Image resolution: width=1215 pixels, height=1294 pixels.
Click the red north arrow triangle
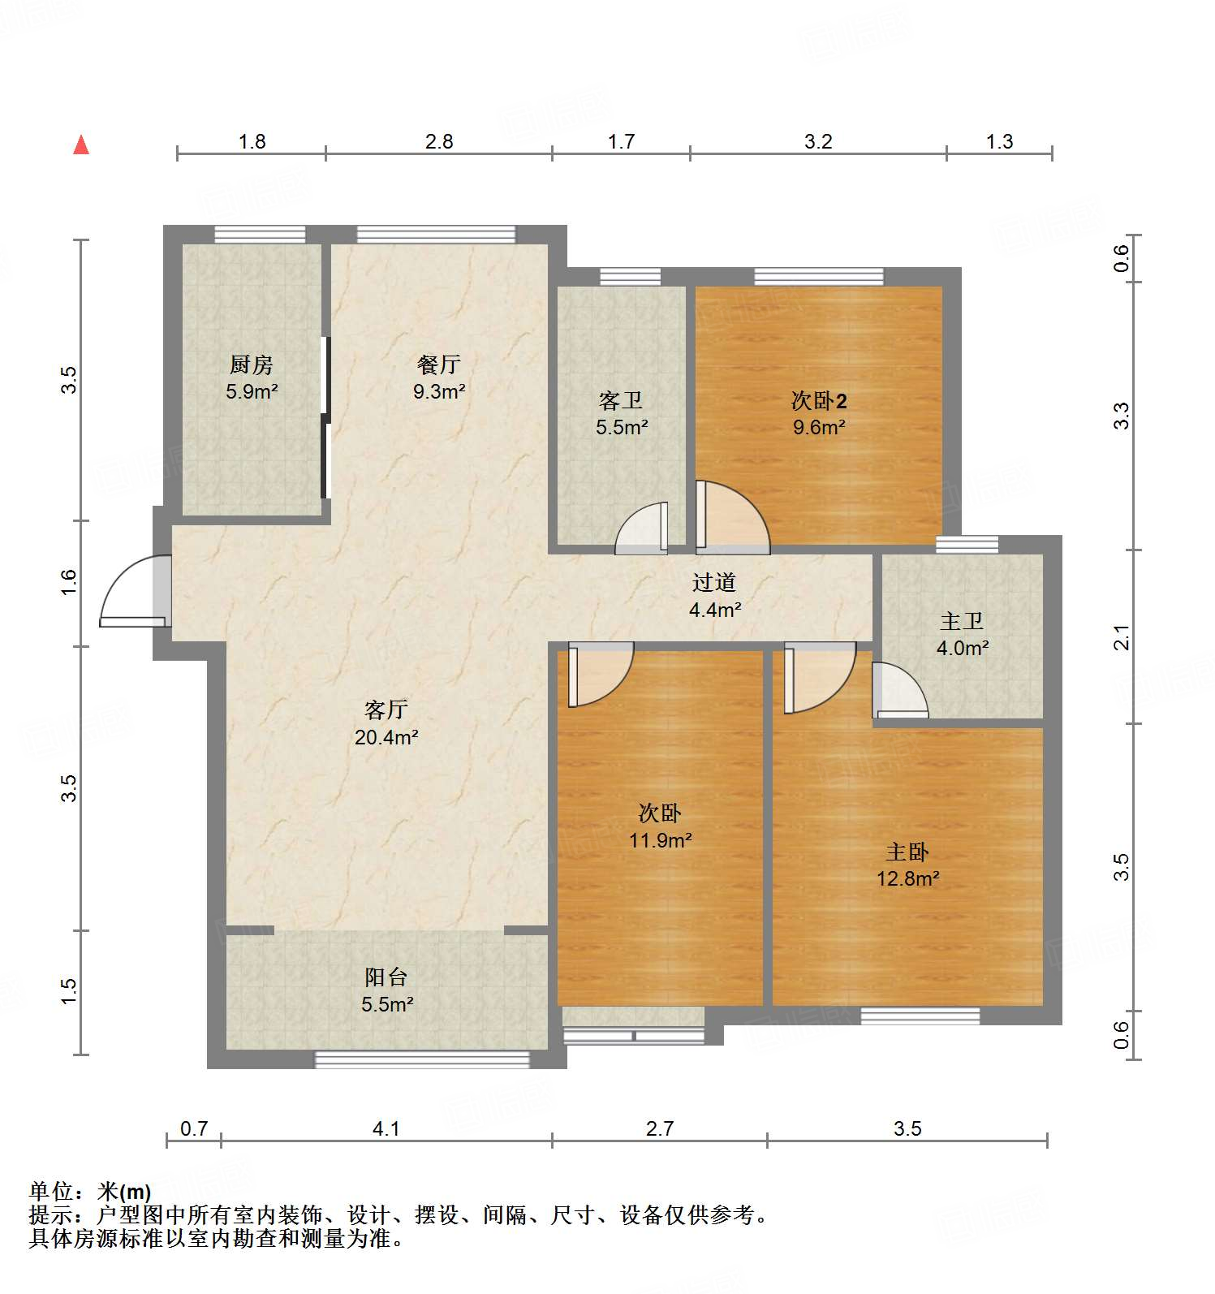click(81, 145)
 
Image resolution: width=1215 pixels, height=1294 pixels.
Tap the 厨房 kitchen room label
click(252, 364)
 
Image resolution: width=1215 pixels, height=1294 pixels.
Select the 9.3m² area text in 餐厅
click(439, 391)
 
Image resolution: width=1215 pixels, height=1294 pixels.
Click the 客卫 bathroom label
click(621, 400)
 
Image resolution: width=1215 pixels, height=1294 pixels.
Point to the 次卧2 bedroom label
click(819, 400)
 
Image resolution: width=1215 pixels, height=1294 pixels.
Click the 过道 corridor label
click(714, 582)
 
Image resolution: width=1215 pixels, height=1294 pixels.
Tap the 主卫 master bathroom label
click(962, 622)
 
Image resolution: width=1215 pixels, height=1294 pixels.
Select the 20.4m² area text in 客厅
click(386, 737)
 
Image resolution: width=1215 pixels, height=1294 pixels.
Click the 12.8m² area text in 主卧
click(907, 878)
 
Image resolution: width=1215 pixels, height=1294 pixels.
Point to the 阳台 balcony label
click(386, 977)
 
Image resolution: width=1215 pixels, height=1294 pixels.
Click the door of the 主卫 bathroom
click(899, 692)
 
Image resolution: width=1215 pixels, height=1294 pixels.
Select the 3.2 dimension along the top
click(818, 141)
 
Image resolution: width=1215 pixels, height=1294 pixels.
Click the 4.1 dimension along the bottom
click(386, 1128)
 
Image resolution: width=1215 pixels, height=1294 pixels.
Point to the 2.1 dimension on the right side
click(1121, 637)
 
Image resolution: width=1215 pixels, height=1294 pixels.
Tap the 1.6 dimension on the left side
click(69, 582)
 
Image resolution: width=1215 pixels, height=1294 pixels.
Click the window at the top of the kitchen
click(260, 235)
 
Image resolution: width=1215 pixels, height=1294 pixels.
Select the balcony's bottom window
click(422, 1059)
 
